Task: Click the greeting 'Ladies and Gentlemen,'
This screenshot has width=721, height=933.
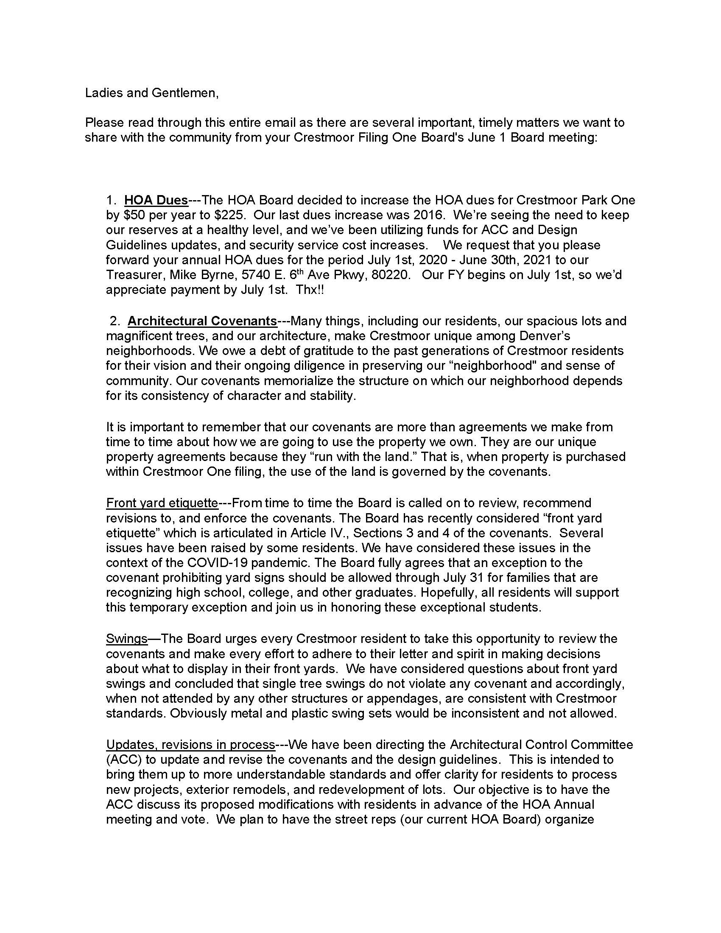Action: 152,93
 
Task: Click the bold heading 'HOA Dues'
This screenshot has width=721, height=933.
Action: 156,200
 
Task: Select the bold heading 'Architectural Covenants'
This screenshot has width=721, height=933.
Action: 202,321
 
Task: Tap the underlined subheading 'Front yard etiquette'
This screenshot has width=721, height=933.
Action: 162,503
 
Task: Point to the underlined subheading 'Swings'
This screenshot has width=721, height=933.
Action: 126,639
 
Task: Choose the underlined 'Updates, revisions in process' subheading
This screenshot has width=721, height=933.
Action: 190,745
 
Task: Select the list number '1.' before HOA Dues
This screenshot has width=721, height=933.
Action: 112,200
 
